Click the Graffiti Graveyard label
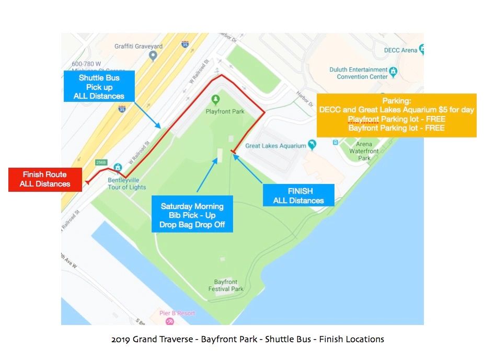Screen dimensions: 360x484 point(138,46)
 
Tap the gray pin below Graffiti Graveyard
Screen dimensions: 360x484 point(153,55)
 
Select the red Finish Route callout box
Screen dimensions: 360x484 point(45,179)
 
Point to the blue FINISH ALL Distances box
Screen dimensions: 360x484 point(298,195)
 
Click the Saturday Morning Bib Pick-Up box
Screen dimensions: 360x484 point(192,215)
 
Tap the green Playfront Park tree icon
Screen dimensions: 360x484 point(215,99)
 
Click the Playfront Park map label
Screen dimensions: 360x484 point(225,111)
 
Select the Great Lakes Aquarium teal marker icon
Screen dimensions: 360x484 point(312,144)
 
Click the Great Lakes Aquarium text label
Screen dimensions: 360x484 point(275,146)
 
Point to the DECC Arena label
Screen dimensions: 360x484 point(400,50)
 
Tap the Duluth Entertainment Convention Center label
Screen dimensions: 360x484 point(360,73)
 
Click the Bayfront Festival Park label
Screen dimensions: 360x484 point(226,285)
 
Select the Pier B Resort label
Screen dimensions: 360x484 point(177,313)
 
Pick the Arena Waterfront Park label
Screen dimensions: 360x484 point(364,151)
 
